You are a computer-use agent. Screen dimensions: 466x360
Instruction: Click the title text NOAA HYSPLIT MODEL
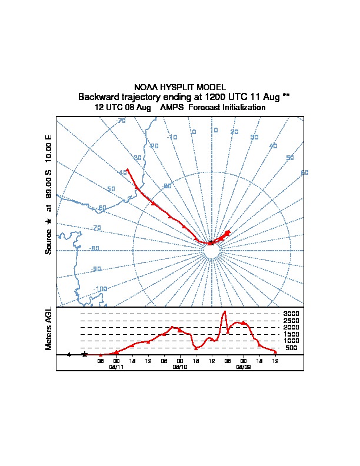tap(180, 87)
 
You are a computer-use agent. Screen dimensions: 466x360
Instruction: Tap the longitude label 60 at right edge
tap(304, 172)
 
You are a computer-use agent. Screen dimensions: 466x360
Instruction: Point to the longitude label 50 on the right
tap(289, 158)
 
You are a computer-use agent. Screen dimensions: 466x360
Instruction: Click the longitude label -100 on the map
tap(101, 289)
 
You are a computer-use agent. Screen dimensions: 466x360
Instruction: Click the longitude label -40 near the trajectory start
tap(122, 172)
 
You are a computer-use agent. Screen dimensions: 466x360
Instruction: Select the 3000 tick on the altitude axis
tap(291, 314)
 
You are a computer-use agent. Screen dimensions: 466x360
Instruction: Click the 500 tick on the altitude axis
tap(291, 348)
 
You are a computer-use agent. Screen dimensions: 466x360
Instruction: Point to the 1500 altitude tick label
tap(291, 334)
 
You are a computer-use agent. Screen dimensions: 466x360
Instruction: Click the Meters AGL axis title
tap(49, 328)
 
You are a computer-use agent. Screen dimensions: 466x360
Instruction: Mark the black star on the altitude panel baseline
tap(85, 355)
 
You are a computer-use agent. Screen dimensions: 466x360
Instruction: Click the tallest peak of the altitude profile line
tap(224, 312)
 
